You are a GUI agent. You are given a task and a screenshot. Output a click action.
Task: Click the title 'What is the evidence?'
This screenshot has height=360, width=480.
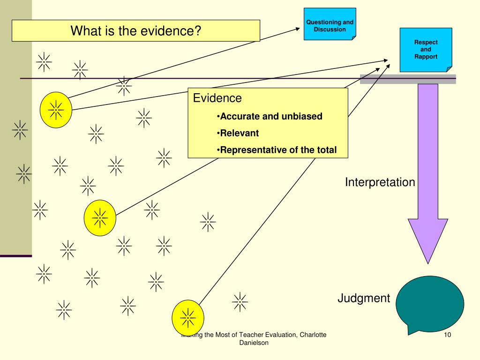coord(136,30)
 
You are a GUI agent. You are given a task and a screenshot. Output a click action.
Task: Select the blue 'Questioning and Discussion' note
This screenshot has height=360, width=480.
coord(330,24)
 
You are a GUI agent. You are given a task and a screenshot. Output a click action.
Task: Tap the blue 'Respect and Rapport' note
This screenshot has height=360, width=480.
coord(426,50)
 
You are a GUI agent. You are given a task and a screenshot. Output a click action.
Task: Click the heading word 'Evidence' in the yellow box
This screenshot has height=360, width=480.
coord(217,98)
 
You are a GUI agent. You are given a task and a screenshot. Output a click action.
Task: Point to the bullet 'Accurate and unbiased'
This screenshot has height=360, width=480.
coord(270,116)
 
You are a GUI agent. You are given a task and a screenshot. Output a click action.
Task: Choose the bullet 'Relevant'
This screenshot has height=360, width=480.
coord(238,133)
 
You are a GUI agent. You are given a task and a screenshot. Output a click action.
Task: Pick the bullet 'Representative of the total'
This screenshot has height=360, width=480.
coord(277,150)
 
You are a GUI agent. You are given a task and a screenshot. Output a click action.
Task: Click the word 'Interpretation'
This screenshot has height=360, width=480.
coord(380,182)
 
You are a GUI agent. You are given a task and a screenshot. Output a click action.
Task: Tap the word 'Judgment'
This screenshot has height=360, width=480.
coord(364,298)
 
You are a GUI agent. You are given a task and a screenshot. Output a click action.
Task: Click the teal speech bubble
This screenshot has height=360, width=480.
coord(430,303)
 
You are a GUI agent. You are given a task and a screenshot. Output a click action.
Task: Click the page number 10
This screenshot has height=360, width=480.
coord(447,335)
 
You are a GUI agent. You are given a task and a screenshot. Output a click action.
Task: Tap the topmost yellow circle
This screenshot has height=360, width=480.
coord(56,110)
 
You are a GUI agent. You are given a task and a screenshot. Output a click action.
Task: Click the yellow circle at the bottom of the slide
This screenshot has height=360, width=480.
coord(187,318)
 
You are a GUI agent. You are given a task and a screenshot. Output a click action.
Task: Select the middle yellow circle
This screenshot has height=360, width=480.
coord(100,218)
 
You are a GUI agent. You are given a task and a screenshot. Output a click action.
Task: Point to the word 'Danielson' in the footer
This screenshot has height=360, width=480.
coord(254,343)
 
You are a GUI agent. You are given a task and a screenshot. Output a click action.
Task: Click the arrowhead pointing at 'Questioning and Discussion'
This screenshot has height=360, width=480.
coord(298,29)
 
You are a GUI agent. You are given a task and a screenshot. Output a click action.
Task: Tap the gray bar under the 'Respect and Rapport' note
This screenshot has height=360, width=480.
coord(408,79)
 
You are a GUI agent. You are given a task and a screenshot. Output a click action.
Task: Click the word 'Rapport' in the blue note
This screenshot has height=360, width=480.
coord(426,57)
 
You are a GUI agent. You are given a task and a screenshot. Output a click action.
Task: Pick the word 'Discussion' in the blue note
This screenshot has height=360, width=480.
coord(330,30)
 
